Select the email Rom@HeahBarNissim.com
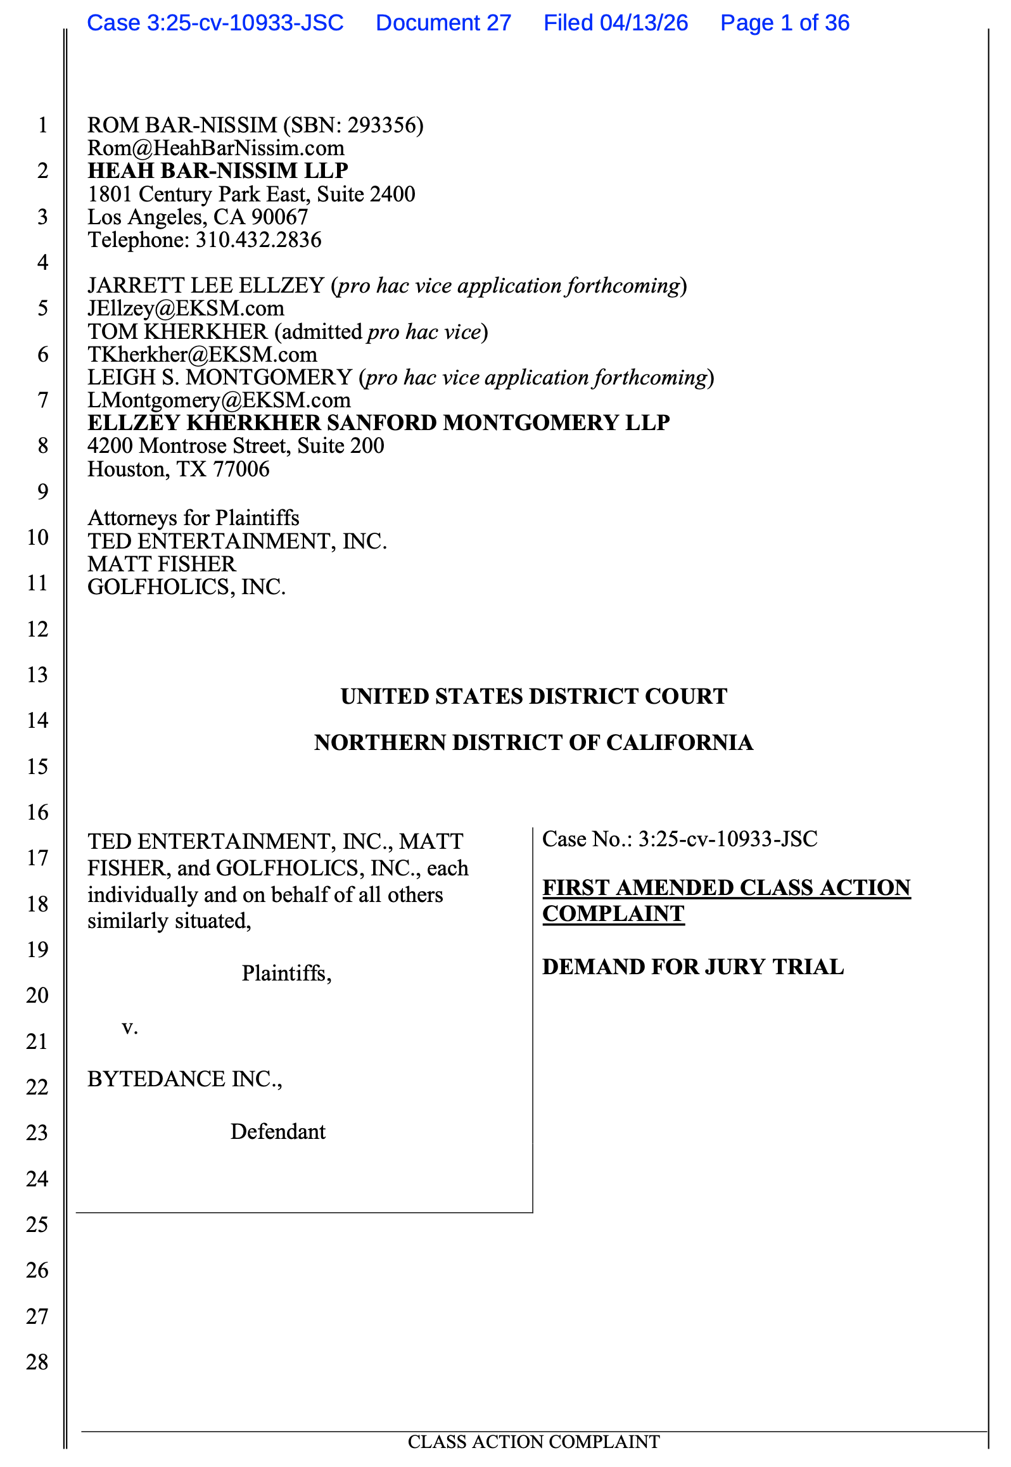(x=216, y=148)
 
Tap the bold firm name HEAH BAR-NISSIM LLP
(x=218, y=171)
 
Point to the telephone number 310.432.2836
(x=258, y=240)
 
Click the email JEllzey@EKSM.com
(x=186, y=308)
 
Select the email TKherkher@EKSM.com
(x=202, y=355)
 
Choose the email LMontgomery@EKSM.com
(x=219, y=400)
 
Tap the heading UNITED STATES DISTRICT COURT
(x=533, y=697)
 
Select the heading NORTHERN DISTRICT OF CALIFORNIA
(x=533, y=742)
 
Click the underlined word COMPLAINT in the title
(x=613, y=914)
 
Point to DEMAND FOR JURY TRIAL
(x=693, y=967)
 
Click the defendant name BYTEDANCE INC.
(x=184, y=1079)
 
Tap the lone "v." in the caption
(x=130, y=1027)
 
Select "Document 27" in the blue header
(x=443, y=23)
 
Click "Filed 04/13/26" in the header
(x=615, y=23)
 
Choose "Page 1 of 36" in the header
(x=784, y=23)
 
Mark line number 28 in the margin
(x=37, y=1362)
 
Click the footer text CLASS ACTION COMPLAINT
(x=533, y=1442)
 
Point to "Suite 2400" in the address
(x=366, y=194)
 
